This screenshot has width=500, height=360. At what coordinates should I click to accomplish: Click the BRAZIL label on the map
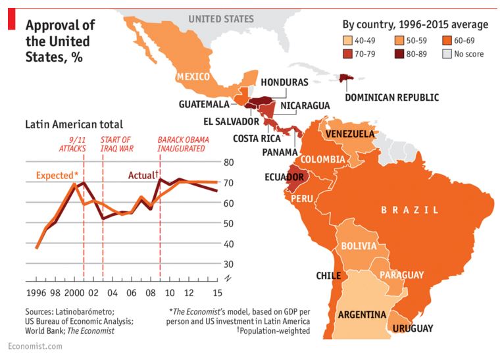click(409, 210)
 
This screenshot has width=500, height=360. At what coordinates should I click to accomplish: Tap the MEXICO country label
click(195, 78)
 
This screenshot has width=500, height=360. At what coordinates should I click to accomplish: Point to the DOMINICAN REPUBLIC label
click(391, 97)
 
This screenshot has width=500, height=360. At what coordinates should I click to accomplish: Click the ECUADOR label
click(284, 177)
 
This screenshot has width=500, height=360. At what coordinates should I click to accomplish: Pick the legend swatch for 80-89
click(400, 54)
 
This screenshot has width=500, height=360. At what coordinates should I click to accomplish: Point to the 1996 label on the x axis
click(36, 292)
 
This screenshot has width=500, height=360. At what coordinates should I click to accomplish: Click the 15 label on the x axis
click(216, 292)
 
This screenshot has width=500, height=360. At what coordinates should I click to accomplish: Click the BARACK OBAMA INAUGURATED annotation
click(181, 144)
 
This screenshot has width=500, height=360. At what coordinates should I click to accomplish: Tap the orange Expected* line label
click(57, 175)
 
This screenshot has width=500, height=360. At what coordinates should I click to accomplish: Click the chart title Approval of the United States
click(60, 40)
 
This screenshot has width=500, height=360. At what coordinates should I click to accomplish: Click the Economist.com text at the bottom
click(30, 347)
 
